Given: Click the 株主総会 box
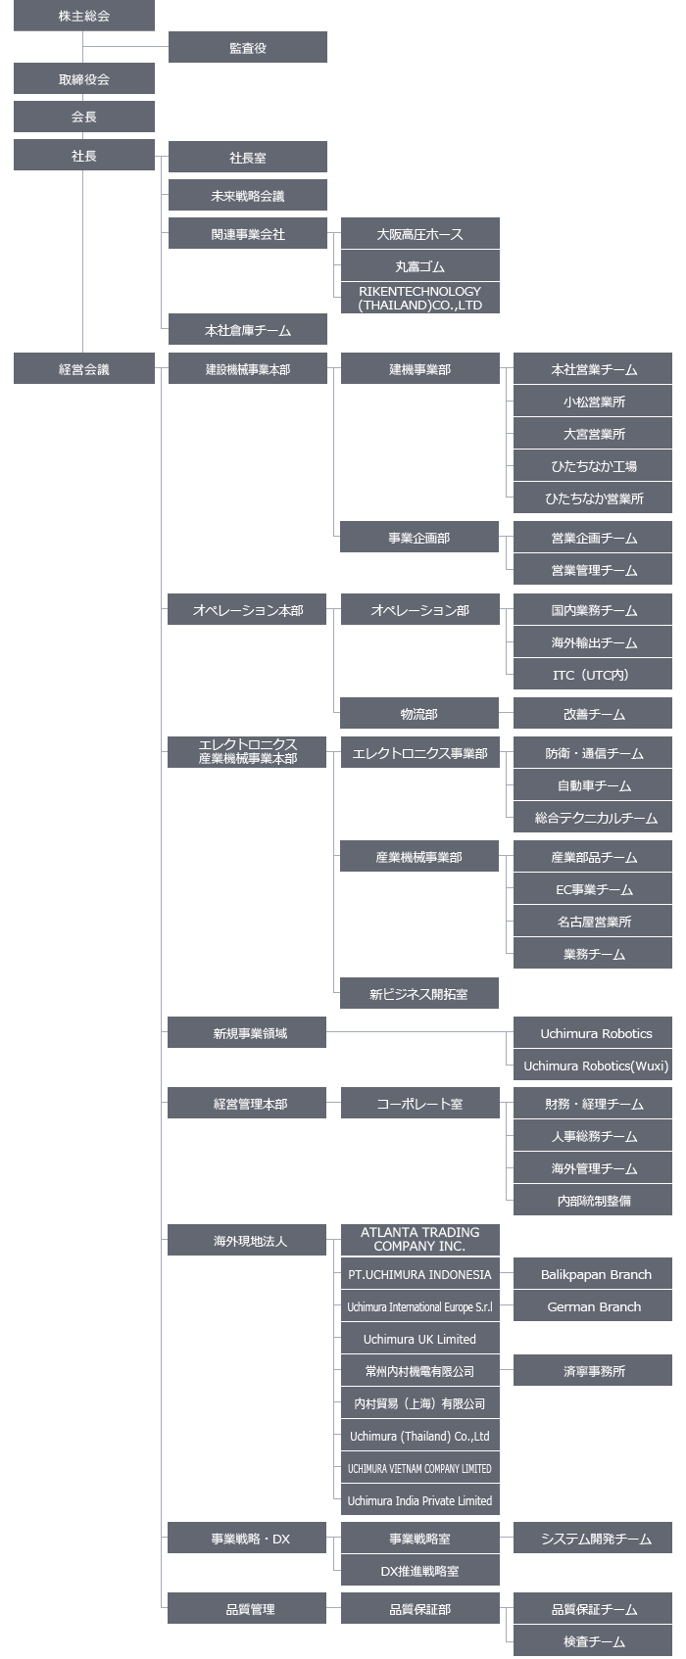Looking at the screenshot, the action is pos(83,16).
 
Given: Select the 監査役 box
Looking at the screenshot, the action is pos(247,47).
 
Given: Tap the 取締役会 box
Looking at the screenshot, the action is pos(83,78).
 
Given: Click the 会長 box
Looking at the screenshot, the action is pos(83,117).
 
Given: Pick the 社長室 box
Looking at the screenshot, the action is pos(247,157).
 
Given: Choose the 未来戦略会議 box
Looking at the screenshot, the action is pos(247,196).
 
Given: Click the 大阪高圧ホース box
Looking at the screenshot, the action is pos(420,233).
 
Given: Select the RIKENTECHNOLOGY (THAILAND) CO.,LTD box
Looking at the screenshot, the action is pos(420,298).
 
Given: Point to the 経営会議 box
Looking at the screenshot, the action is pos(83,368).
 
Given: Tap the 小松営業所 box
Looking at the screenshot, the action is pos(593,401).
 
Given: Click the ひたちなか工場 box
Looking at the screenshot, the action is pos(593,465).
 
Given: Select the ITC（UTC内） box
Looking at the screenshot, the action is pos(593,674).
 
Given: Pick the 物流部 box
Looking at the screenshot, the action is pos(419,713).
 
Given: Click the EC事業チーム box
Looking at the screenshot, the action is pos(593,889).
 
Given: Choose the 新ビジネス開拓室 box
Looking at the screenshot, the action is pos(419,993).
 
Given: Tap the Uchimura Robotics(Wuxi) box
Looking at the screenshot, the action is pos(593,1065).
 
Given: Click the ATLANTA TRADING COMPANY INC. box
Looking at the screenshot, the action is pos(420,1239).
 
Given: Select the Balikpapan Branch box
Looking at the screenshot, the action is pos(593,1274).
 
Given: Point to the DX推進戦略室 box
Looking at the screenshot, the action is pos(420,1571).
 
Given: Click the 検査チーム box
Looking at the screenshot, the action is pos(593,1641).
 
